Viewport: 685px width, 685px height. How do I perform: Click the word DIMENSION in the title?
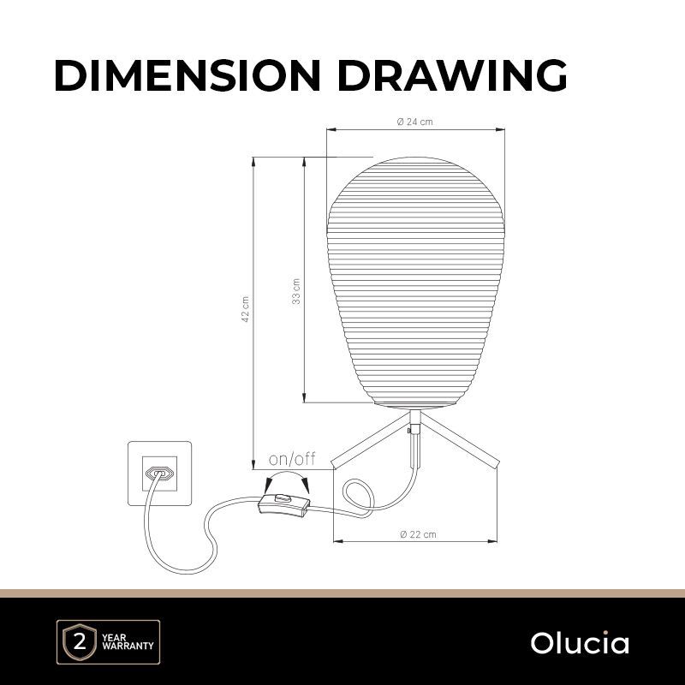tap(188, 75)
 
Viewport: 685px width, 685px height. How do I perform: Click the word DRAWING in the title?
tap(452, 75)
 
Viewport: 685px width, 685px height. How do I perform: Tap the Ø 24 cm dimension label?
tap(415, 122)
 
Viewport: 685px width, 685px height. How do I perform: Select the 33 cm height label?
tap(296, 291)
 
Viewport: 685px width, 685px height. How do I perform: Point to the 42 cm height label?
tap(246, 309)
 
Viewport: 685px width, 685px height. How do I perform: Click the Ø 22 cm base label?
tap(418, 533)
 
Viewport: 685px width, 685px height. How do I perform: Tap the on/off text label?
tap(292, 459)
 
